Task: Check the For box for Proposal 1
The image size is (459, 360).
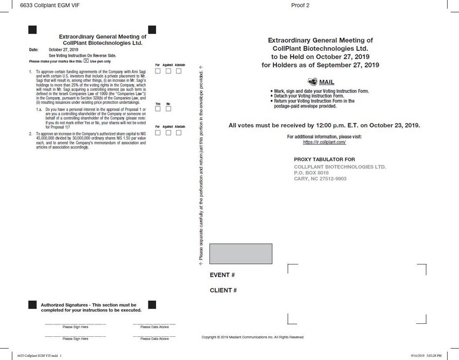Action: tap(158, 71)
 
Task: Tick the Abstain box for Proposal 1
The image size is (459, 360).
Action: tap(179, 71)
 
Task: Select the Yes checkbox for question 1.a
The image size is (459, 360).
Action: tap(158, 109)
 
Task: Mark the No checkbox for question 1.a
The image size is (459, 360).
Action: tap(168, 109)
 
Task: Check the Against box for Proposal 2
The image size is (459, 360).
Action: tap(168, 132)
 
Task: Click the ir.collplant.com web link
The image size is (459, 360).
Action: tap(324, 142)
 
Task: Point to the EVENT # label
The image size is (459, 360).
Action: tap(222, 275)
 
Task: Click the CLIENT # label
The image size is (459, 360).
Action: tap(223, 290)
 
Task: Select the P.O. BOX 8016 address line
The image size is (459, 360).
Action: tap(311, 173)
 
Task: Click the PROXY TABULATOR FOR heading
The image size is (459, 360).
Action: tap(325, 160)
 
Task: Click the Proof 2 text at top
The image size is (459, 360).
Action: tap(300, 5)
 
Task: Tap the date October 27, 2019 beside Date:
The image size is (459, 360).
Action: tap(63, 50)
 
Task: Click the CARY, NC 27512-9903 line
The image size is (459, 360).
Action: tap(320, 179)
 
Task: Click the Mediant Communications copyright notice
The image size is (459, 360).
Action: tap(252, 337)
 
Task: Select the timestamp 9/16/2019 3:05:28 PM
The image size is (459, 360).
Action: tap(426, 356)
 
